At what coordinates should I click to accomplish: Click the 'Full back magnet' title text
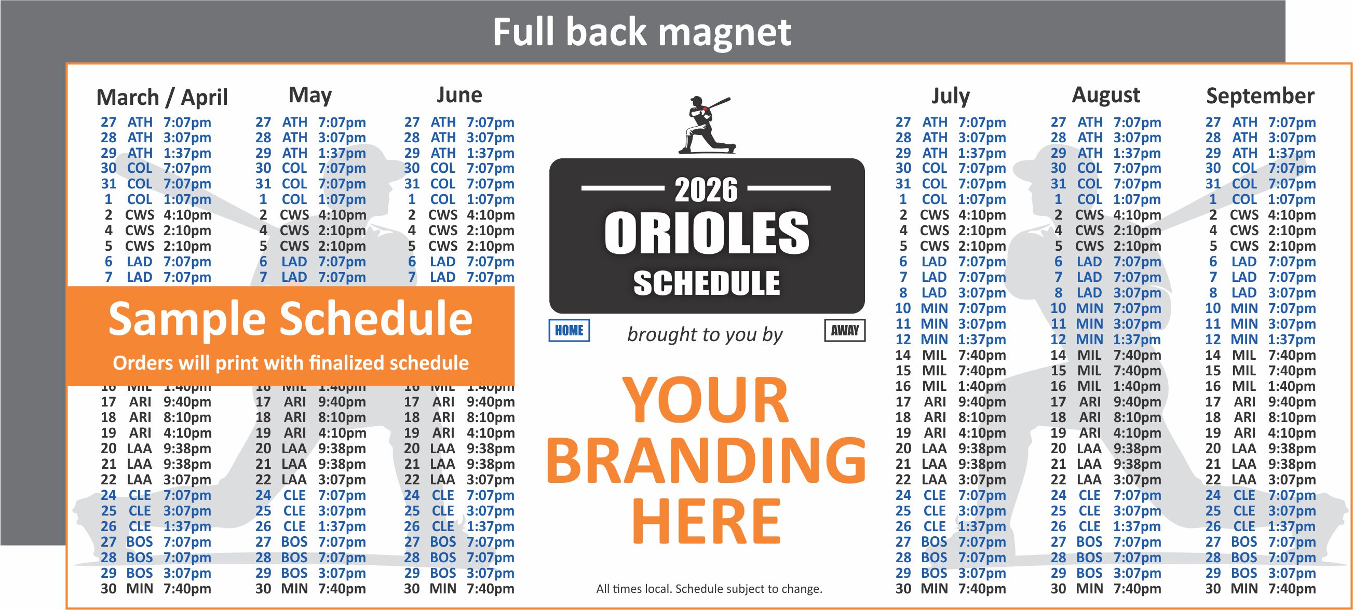(641, 33)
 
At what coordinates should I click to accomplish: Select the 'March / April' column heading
(162, 98)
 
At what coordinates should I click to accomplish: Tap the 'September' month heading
(1260, 96)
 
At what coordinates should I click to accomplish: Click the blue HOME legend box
(569, 331)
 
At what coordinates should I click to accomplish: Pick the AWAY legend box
(844, 331)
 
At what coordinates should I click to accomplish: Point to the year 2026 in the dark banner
(706, 190)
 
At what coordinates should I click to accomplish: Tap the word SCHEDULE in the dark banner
(707, 284)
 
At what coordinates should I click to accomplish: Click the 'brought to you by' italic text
(705, 335)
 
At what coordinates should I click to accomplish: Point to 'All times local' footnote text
(709, 589)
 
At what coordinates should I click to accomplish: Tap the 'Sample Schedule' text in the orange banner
(290, 319)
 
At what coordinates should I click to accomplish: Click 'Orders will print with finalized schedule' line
(290, 363)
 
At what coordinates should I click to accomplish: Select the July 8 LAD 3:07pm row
(950, 293)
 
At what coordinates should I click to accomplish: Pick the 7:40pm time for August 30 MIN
(1136, 589)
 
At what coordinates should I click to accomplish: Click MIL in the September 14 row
(1243, 355)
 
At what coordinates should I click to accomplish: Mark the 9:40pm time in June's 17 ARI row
(490, 402)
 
